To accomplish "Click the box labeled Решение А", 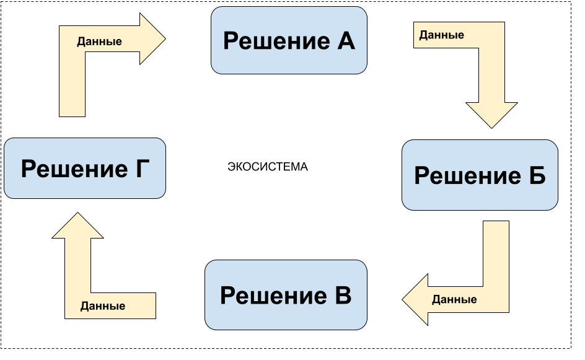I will coord(289,40).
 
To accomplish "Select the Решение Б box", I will coord(480,175).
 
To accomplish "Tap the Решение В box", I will coord(286,295).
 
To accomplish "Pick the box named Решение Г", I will coord(85,169).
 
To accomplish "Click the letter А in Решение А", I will coord(346,41).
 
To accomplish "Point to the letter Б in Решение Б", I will coord(537,176).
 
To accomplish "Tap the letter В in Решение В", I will coord(342,296).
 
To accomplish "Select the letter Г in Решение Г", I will coord(142,169).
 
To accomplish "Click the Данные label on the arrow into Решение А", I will coord(99,42).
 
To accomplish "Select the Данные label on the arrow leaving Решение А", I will coord(441,35).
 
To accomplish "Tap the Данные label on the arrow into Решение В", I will coord(454,299).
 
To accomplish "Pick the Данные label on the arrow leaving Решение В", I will coord(103,306).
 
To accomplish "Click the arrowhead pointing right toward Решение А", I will coord(152,39).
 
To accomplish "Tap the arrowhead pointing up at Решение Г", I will coord(77,227).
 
